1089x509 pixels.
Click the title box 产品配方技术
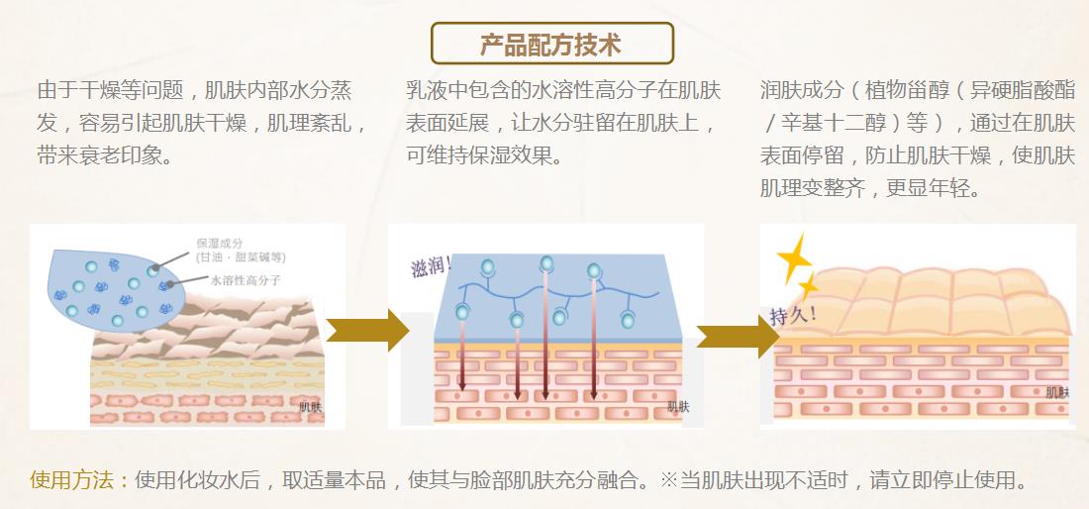[551, 44]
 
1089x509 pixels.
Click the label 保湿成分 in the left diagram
[218, 244]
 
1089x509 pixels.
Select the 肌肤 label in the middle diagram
[678, 405]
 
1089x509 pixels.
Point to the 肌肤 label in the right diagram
[1056, 393]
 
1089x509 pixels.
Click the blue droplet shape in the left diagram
[109, 282]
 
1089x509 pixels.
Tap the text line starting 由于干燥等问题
[194, 91]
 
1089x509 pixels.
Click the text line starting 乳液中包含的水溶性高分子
[562, 91]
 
